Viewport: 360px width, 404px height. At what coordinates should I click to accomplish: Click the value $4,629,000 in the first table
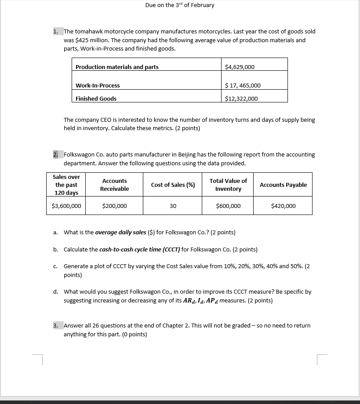(240, 67)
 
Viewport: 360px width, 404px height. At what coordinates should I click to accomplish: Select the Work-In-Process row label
(98, 85)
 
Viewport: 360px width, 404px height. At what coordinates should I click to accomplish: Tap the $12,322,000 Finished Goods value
(241, 98)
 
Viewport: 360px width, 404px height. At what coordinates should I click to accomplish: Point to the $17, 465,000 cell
(243, 85)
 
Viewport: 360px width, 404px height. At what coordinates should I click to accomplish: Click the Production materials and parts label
(117, 67)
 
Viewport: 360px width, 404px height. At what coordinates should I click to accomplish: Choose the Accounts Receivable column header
(114, 185)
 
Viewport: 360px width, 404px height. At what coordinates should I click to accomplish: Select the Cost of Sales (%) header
(173, 185)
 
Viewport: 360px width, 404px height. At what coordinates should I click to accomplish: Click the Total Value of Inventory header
(228, 185)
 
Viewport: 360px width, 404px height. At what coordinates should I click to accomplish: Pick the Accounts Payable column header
(283, 185)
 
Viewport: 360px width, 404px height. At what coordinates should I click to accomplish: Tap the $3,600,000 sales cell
(66, 206)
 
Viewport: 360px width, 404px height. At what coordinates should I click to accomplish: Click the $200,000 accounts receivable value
(114, 206)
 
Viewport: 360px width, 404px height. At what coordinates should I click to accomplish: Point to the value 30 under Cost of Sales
(173, 206)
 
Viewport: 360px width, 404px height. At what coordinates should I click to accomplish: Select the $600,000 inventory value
(228, 206)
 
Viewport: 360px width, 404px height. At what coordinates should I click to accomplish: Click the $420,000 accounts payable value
(283, 206)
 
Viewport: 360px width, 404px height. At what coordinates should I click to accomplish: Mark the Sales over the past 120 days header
(66, 185)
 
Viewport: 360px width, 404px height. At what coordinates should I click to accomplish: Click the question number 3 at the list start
(55, 325)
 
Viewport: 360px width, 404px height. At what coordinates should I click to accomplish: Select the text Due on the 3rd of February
(180, 5)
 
